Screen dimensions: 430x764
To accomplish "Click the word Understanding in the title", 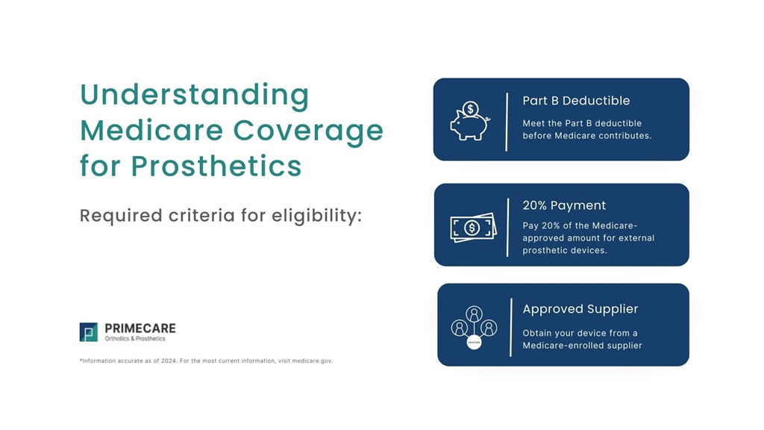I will (x=194, y=96).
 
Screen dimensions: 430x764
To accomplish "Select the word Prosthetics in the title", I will (x=216, y=165).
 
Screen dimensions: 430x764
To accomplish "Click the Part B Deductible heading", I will (x=576, y=101).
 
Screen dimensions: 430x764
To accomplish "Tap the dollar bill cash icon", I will (x=473, y=227).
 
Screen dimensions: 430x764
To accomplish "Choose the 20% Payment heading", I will (x=564, y=205).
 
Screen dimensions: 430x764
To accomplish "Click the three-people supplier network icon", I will (x=474, y=327).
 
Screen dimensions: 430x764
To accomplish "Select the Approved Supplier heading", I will (x=580, y=309).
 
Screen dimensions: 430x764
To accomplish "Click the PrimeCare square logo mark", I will (x=89, y=332).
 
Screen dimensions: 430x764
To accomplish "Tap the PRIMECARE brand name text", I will (x=140, y=328).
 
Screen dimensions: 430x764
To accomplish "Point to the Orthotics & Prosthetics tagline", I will (x=135, y=339).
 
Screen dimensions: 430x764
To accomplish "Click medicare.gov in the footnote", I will (x=312, y=361).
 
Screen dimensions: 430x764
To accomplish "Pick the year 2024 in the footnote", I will (x=169, y=361).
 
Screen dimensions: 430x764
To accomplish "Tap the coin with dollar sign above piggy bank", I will (x=470, y=109).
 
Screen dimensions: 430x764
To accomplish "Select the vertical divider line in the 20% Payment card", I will (x=507, y=227).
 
